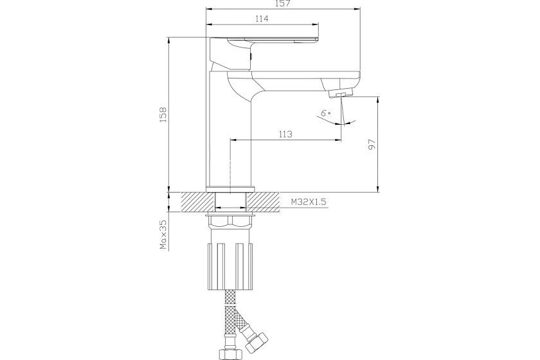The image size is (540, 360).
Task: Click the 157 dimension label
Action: pos(283,3)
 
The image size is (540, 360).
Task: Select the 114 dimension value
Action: pos(262,19)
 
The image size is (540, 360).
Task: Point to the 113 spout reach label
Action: pos(285,134)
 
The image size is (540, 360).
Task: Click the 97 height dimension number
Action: pos(372,145)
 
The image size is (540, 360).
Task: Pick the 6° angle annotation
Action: pos(326,113)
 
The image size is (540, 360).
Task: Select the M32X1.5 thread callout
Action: pos(309,202)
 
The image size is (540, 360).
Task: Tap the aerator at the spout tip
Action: pos(341,93)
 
